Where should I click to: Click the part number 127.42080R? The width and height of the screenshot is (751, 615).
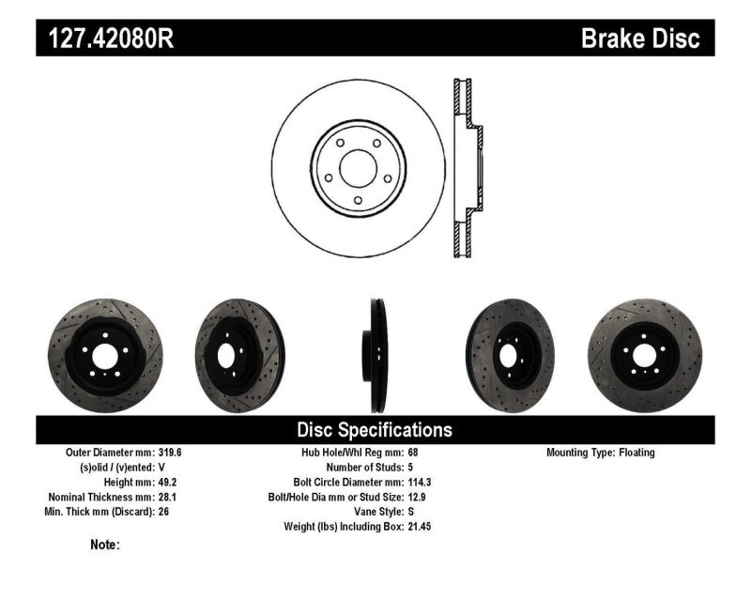click(106, 38)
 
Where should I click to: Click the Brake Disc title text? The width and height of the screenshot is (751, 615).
click(640, 38)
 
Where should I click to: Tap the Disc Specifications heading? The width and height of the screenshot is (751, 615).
click(375, 430)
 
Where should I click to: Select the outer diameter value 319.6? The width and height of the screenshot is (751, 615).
click(170, 453)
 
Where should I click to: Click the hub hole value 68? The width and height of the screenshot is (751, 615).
click(414, 453)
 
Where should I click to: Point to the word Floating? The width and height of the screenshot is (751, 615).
click(636, 453)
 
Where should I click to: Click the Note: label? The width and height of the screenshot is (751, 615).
click(105, 545)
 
